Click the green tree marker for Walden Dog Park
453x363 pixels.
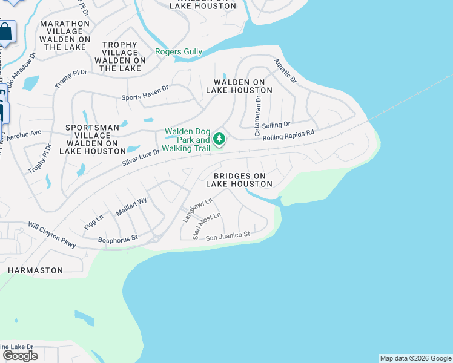pos(219,140)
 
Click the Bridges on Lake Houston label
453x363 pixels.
pos(239,180)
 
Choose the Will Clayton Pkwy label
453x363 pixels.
pos(52,235)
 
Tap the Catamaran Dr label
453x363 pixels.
pos(257,116)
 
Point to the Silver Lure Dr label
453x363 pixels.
pos(141,156)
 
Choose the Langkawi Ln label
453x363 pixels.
pos(198,210)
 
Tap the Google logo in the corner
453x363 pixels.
pos(20,356)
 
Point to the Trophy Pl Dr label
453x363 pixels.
pos(71,79)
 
